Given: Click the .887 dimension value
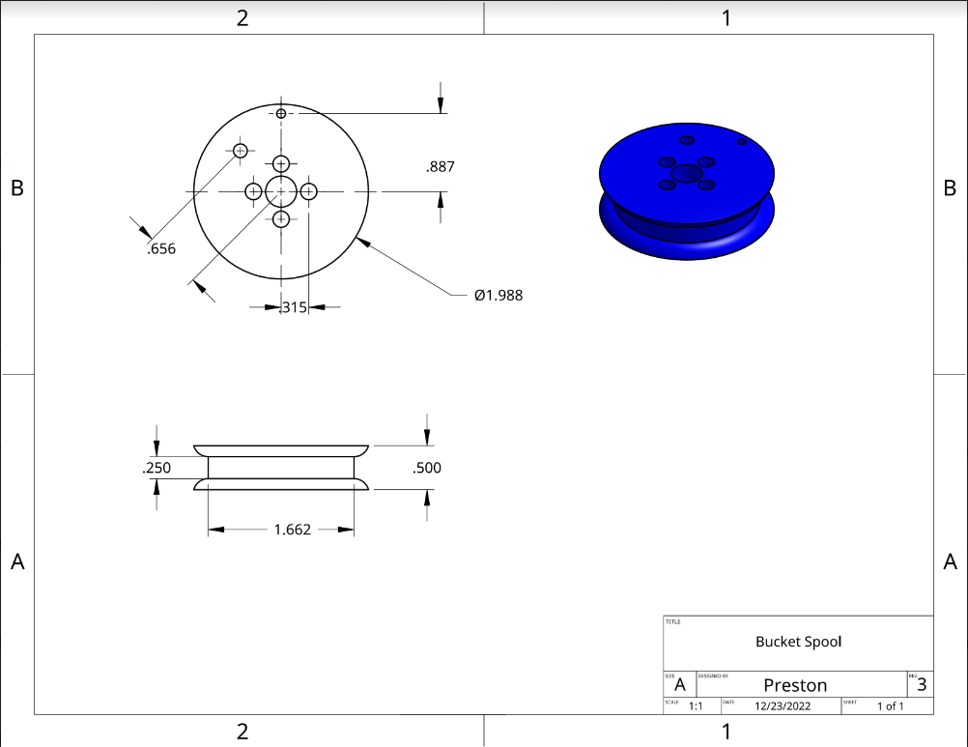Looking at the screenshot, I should [440, 167].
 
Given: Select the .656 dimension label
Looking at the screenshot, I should [161, 249].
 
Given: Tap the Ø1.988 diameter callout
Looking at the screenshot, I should [498, 295].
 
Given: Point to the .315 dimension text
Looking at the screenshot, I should [293, 307].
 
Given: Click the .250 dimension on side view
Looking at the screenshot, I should [157, 468].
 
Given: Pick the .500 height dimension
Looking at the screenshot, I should [427, 468].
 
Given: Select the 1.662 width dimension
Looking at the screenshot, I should [292, 530].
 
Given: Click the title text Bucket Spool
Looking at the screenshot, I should [799, 642].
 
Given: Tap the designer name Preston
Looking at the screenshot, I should [795, 685].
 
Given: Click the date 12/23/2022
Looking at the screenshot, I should [783, 706].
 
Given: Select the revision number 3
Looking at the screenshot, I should [922, 685].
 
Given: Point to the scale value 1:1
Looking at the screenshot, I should [695, 706].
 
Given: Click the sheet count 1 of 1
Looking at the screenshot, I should [890, 706].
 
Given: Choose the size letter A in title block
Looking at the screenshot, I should [680, 685].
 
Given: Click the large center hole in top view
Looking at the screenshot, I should [281, 191].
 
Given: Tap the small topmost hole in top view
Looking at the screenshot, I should [281, 114].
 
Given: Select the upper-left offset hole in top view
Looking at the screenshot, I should [240, 150].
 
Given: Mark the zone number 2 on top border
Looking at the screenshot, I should [242, 17].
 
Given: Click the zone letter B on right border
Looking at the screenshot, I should [950, 188].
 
